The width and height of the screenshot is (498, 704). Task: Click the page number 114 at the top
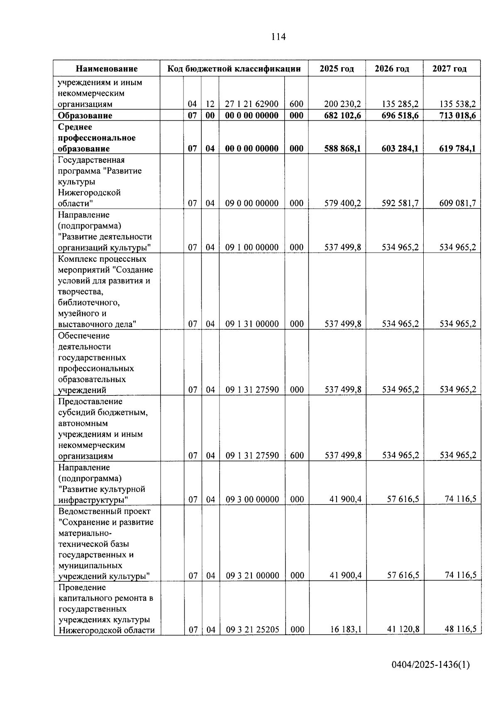[x=278, y=37]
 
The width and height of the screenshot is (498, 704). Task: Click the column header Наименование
[x=107, y=69]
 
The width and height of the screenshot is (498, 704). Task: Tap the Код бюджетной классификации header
[x=234, y=69]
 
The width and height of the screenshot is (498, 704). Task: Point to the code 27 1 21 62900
[x=251, y=104]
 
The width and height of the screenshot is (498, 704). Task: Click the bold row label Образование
[x=85, y=115]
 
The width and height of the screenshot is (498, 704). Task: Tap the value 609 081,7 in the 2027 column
[x=457, y=203]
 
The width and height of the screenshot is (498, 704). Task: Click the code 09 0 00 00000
[x=251, y=203]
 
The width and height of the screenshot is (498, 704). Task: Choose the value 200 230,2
[x=342, y=104]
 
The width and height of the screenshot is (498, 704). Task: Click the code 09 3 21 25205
[x=252, y=630]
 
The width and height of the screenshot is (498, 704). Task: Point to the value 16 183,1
[x=346, y=630]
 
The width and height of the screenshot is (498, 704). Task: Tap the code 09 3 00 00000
[x=252, y=499]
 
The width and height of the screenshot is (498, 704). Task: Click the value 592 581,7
[x=400, y=203]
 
